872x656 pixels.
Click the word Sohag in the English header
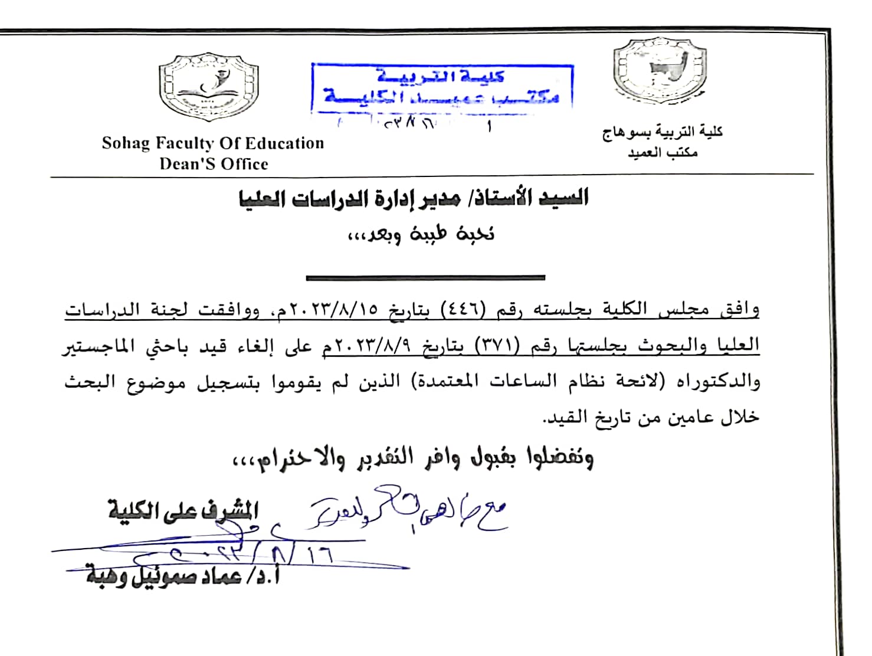(x=126, y=143)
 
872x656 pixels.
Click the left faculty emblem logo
(x=208, y=87)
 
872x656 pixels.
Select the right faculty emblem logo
(x=660, y=72)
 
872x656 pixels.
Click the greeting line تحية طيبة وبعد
(x=420, y=234)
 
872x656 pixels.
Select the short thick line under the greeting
(x=425, y=277)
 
